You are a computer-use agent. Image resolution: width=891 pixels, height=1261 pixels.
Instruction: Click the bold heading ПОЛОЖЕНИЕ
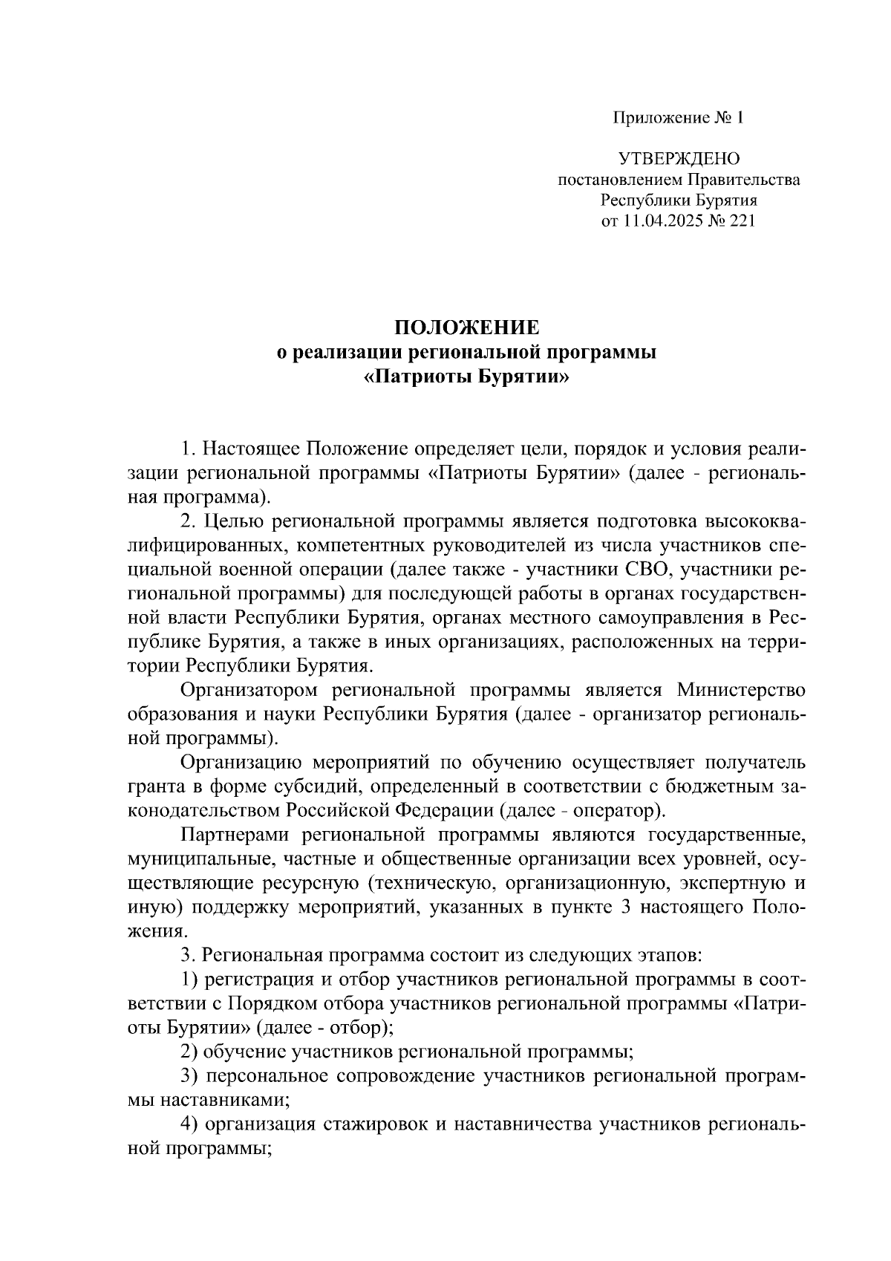466,329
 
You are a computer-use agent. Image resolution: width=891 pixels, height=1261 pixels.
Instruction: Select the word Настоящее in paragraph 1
252,450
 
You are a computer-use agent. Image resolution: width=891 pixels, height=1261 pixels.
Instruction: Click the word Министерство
741,691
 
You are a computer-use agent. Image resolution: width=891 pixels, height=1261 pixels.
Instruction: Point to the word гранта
154,786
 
